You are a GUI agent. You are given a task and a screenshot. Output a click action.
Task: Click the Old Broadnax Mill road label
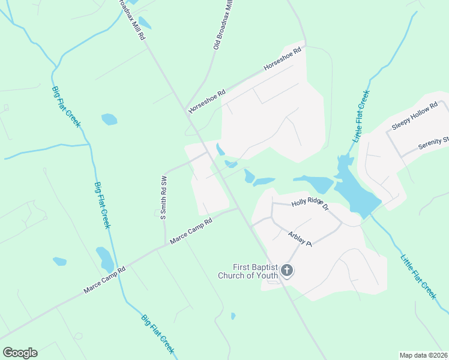tap(223, 24)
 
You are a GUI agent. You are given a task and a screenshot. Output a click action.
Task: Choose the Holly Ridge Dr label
tap(310, 205)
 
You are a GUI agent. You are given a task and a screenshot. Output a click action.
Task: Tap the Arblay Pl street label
tap(300, 239)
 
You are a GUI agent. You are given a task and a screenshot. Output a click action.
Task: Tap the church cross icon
tap(287, 271)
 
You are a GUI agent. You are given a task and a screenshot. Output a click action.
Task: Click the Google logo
tap(20, 353)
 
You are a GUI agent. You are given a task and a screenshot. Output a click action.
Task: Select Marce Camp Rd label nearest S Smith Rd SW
tap(191, 231)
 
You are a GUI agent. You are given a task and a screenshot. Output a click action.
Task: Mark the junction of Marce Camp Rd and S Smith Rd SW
tap(165, 245)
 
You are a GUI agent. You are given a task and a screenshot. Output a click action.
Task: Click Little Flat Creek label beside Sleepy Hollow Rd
tap(361, 116)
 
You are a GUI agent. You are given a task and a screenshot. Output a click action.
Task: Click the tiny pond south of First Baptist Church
tap(233, 316)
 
